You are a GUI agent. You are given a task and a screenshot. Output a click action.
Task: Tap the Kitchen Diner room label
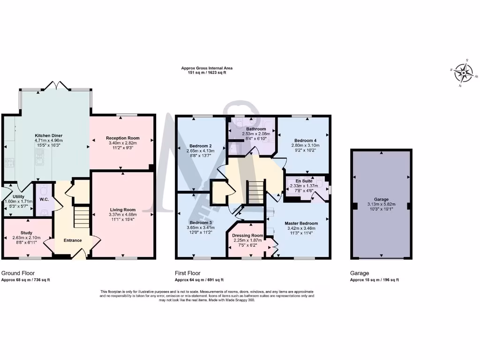(x=48, y=135)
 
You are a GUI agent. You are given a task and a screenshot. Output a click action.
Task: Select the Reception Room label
(x=123, y=138)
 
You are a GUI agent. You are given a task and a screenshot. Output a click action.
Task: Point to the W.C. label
(x=45, y=199)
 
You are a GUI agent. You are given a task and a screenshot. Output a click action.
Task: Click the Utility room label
(x=13, y=196)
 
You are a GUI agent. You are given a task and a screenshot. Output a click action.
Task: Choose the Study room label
(x=26, y=232)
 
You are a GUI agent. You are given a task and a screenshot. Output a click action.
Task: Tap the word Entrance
(x=73, y=240)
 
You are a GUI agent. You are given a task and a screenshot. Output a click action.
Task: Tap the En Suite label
(x=304, y=180)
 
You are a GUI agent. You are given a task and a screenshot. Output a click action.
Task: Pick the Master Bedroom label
(x=301, y=223)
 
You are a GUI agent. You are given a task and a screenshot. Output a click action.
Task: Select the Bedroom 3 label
(x=201, y=222)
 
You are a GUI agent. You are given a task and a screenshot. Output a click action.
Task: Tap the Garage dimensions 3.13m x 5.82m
(x=381, y=204)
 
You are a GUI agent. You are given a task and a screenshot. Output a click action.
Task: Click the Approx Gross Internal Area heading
(x=207, y=68)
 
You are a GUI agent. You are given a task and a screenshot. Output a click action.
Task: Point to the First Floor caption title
(x=187, y=273)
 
